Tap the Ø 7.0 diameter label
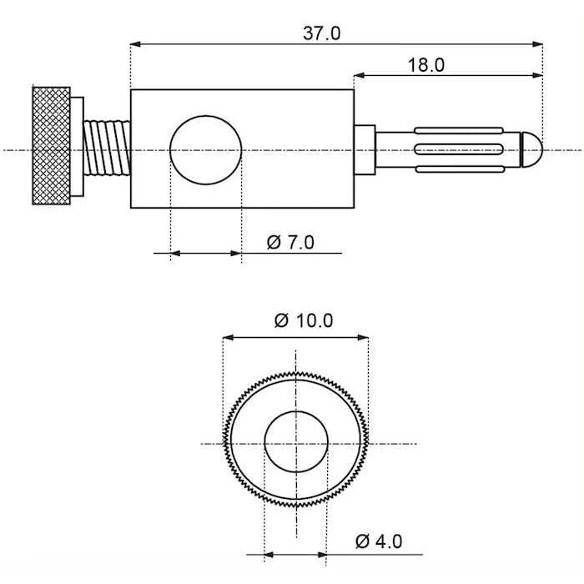pos(290,243)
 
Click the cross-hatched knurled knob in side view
pos(52,146)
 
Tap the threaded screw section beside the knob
pos(107,148)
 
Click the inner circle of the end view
pos(295,443)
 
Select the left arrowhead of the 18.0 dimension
pos(359,75)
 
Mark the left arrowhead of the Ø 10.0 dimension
pos(226,338)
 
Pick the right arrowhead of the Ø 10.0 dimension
pos(364,338)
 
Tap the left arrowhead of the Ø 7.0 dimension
pos(174,253)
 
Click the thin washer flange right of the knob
pos(78,148)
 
